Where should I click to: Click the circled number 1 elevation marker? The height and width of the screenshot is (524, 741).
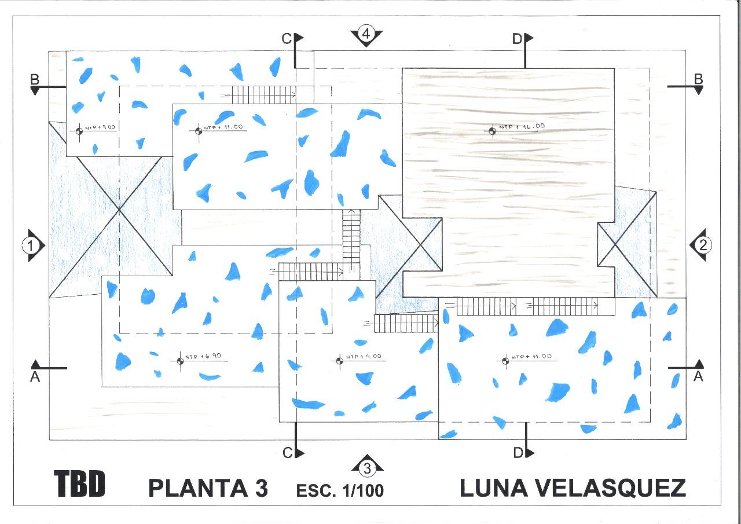pos(33,245)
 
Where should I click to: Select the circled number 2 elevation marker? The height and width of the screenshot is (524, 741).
pos(702,245)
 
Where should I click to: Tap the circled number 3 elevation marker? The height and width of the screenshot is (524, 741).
pos(367,467)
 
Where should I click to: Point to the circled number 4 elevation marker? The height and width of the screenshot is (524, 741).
pos(366,34)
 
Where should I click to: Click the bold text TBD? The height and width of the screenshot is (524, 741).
pos(80,484)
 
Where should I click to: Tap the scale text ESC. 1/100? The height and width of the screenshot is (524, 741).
pos(340,490)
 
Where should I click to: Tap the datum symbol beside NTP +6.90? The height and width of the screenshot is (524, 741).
pos(179,360)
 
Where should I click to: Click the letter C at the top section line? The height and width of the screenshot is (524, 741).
pos(287,39)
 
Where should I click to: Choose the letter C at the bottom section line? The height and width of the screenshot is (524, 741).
pos(288,453)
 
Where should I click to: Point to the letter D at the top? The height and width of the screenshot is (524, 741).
pos(517,39)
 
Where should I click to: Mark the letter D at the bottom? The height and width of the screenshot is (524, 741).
pos(518,452)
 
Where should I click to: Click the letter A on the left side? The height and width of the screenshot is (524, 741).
pos(35,377)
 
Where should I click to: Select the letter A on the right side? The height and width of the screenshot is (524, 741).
pos(698,377)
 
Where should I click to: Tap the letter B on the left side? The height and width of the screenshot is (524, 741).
pos(35,79)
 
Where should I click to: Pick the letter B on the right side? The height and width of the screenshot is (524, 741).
pos(698,78)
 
